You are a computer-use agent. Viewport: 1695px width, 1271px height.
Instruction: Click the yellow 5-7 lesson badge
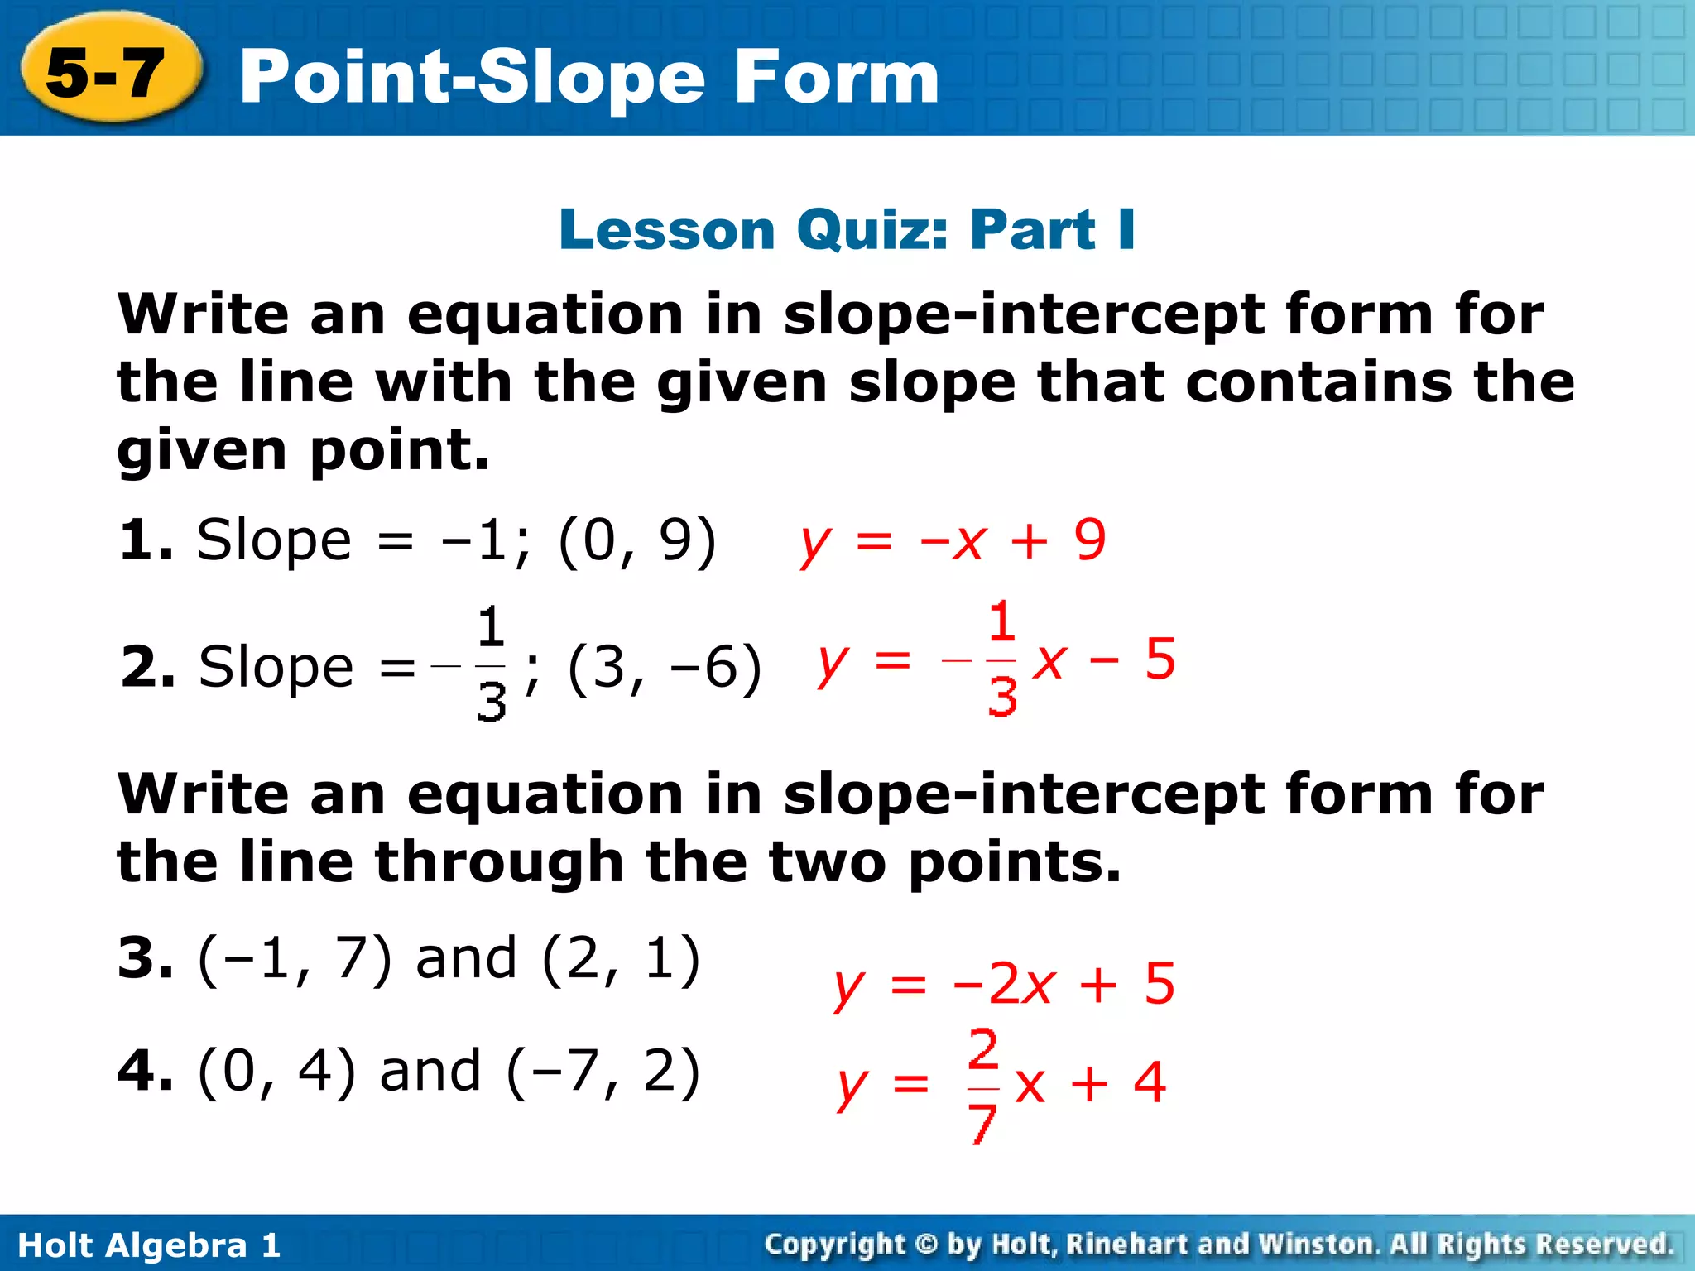tap(108, 70)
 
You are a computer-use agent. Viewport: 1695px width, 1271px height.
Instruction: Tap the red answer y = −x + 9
tap(952, 541)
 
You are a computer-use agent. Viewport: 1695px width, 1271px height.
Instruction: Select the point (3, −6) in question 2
tap(664, 667)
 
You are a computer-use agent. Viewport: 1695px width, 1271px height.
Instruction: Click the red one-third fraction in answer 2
tap(1001, 659)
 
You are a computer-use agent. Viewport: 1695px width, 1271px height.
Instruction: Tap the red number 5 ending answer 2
tap(1160, 659)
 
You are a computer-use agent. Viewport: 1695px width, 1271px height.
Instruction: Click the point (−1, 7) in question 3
tap(294, 959)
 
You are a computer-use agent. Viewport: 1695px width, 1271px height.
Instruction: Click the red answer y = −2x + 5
tap(1004, 985)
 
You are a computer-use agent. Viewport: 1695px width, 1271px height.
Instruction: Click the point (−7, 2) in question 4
tap(603, 1072)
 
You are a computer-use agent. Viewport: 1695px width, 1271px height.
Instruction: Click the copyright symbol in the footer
tap(926, 1244)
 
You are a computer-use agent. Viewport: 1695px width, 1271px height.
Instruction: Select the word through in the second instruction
tap(498, 862)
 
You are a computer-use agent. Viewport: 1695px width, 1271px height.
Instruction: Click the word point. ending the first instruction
tap(400, 450)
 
